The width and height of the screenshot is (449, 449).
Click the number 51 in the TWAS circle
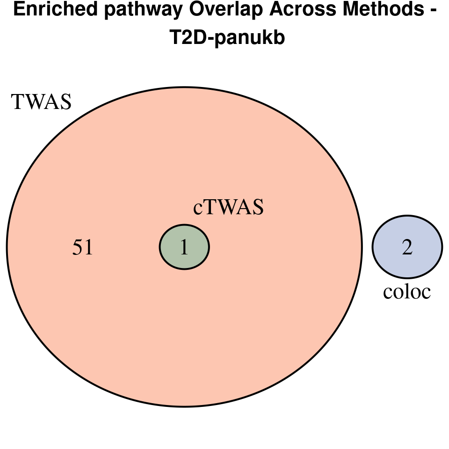83,248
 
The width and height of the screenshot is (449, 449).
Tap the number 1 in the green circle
184,248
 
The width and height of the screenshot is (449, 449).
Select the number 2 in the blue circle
407,247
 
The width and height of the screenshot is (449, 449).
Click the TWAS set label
42,102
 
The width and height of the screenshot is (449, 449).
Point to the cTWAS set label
228,207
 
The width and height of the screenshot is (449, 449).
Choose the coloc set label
406,292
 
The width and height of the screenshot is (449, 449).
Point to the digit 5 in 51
78,248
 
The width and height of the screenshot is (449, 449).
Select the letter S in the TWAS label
65,102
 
